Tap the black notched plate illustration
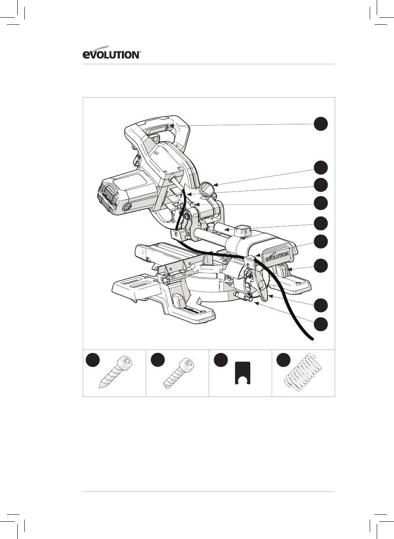pyautogui.click(x=242, y=373)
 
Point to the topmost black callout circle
pyautogui.click(x=321, y=124)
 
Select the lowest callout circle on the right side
pyautogui.click(x=321, y=324)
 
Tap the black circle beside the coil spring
pyautogui.click(x=283, y=360)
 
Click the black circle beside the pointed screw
pyautogui.click(x=93, y=360)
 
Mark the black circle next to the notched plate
pyautogui.click(x=221, y=360)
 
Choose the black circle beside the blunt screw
pyautogui.click(x=157, y=360)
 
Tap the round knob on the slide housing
pyautogui.click(x=242, y=231)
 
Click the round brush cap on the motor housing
pyautogui.click(x=126, y=207)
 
